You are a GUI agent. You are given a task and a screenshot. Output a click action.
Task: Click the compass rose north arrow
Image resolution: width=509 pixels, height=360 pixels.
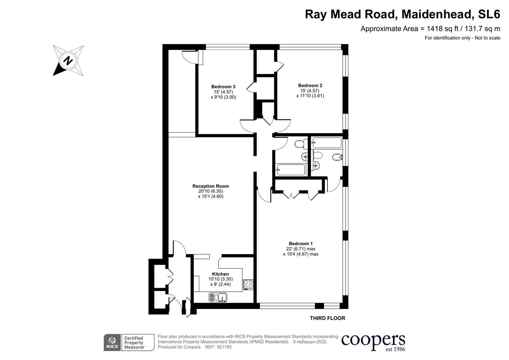(x=68, y=61)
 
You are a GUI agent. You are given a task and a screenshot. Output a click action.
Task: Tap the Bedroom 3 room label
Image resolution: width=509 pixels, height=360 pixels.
(x=223, y=87)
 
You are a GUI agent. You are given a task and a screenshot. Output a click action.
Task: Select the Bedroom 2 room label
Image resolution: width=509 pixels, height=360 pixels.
(x=310, y=85)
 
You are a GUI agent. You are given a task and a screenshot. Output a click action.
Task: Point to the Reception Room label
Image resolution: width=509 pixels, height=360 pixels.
(x=210, y=186)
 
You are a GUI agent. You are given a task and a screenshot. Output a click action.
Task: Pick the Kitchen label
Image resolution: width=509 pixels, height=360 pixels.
(x=220, y=274)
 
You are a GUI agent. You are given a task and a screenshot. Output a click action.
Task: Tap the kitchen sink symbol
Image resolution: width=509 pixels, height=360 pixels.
(x=218, y=297)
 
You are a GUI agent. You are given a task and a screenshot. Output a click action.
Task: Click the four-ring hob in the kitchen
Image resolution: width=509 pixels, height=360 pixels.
(x=248, y=284)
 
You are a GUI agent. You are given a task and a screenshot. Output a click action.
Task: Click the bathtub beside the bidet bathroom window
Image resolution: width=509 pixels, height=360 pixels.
(x=327, y=143)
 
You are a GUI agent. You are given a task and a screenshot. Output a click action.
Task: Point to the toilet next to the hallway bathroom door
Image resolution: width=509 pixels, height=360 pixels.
(x=300, y=144)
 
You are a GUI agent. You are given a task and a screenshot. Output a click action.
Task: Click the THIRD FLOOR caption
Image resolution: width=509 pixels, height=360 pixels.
(x=327, y=318)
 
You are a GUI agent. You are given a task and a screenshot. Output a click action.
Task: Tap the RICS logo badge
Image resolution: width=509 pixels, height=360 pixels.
(x=112, y=342)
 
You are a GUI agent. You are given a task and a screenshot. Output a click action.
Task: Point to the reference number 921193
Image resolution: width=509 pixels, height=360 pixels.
(x=224, y=347)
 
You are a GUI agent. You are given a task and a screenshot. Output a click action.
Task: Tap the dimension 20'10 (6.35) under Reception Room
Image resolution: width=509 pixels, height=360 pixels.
(x=210, y=191)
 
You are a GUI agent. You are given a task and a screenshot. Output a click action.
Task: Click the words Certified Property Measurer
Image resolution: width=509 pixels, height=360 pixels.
(x=134, y=343)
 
